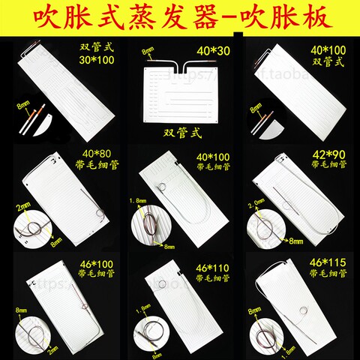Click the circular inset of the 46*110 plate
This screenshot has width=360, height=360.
coord(147,331)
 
